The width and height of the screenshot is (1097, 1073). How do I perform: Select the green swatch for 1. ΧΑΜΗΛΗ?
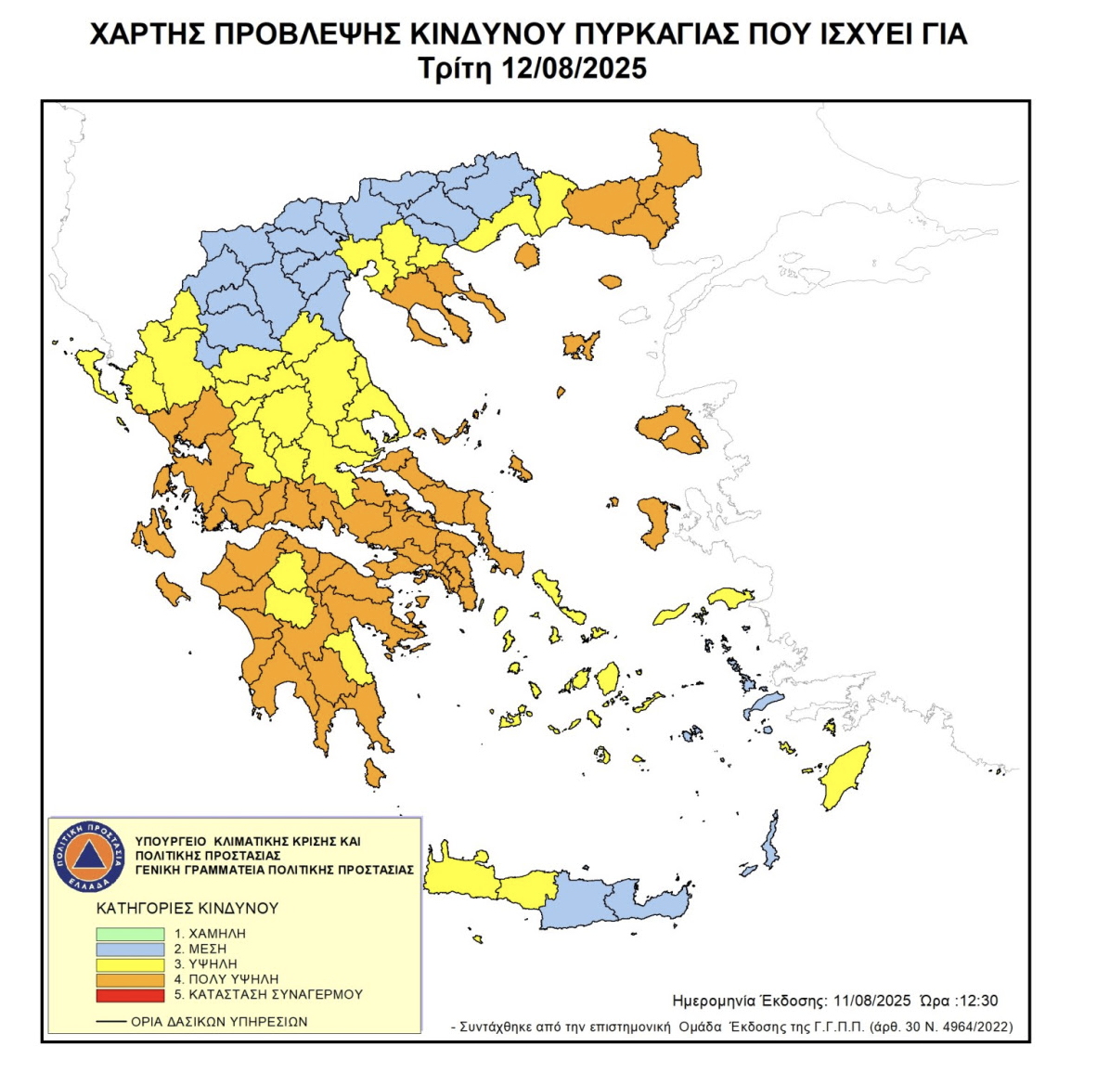pos(130,934)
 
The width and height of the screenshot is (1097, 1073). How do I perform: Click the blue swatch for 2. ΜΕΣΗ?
pos(130,949)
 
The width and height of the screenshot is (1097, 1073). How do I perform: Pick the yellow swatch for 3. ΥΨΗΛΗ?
pos(130,964)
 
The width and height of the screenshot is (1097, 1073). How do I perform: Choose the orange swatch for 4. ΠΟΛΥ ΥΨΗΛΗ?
pos(130,979)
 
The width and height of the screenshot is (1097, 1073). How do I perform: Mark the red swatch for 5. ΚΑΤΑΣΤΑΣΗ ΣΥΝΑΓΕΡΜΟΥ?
pos(130,994)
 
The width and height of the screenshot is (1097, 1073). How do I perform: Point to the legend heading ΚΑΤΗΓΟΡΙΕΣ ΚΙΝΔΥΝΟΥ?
pos(187,909)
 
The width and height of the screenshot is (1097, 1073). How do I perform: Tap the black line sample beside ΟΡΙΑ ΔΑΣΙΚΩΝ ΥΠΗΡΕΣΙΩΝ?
pos(111,1022)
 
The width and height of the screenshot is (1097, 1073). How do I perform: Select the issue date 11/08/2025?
pos(871,1001)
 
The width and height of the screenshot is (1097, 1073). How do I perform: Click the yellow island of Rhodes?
pos(845,775)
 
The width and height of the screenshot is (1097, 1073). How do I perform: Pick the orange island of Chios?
pos(653,521)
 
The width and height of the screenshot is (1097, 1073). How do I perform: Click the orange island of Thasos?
pos(527,255)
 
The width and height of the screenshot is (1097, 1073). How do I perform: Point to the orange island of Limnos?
pos(581,345)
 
